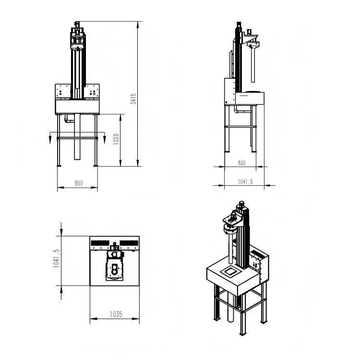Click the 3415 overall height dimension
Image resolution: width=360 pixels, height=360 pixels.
click(x=134, y=98)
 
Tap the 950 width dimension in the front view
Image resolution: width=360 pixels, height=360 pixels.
click(x=78, y=183)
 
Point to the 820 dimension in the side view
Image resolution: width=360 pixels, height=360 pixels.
click(x=241, y=163)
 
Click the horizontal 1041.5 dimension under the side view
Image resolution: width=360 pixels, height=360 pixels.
click(x=245, y=181)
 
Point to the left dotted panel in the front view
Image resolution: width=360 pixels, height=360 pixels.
click(x=62, y=90)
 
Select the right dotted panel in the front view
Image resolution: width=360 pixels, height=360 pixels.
click(x=93, y=90)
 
